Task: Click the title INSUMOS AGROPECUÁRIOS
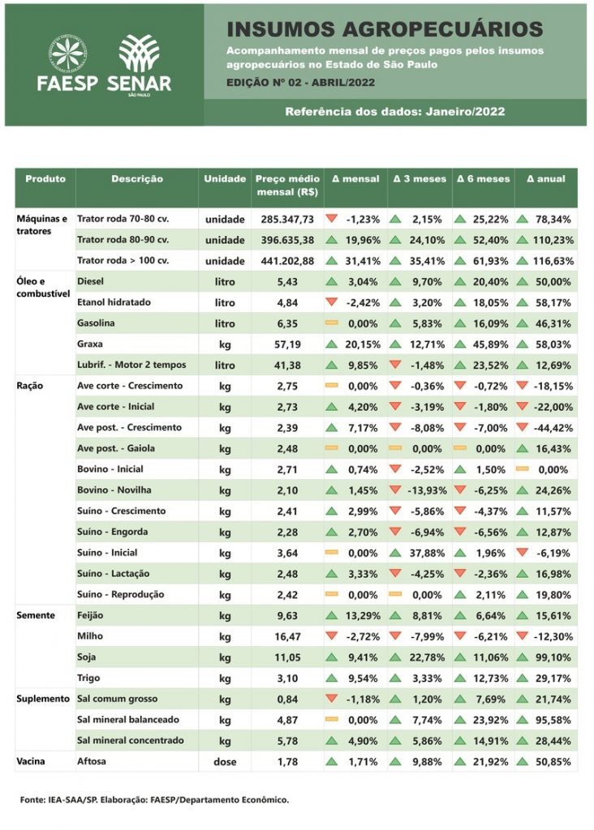coord(385,30)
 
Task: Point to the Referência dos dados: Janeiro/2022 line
coord(394,112)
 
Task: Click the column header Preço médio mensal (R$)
coord(286,186)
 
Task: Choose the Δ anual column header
coord(545,179)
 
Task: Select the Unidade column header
coord(225,179)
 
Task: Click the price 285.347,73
coord(287,220)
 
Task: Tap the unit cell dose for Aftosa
coord(225,762)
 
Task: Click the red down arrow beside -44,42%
coord(523,427)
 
